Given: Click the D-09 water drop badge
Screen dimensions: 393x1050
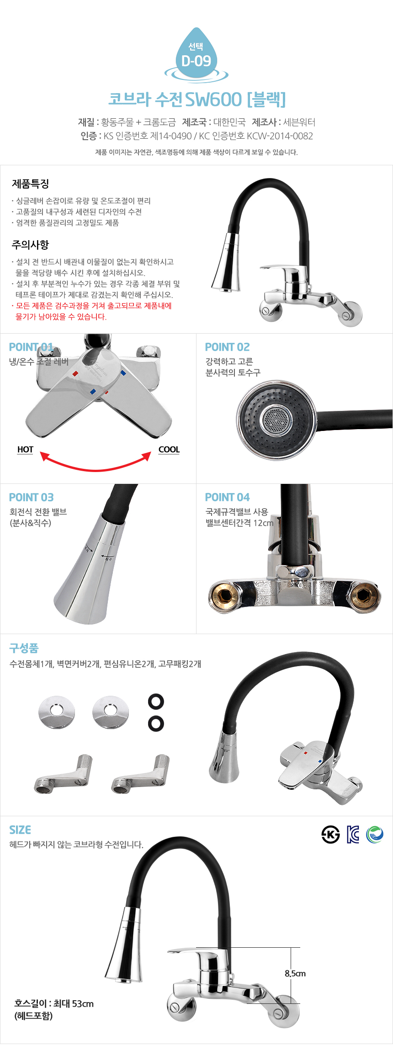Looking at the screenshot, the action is (x=196, y=55).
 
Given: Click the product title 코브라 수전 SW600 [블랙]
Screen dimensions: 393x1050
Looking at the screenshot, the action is (x=197, y=99).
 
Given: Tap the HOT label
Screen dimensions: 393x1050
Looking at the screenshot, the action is (x=25, y=450).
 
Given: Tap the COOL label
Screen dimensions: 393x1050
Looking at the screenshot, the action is (x=169, y=450).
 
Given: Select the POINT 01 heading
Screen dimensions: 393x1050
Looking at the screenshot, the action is (x=31, y=347).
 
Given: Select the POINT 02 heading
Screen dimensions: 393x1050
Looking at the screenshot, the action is (x=228, y=347).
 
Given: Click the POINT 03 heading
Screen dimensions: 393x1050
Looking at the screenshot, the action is (x=32, y=497).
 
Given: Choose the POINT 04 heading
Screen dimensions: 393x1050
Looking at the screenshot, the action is (x=228, y=497).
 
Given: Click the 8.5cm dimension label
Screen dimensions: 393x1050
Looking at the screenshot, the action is (x=295, y=973).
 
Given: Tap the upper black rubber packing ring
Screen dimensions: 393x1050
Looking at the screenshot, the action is (x=156, y=702).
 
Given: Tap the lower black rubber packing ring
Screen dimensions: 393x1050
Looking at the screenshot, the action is (x=156, y=724).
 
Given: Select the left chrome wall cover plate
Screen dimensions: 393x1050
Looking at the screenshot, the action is (x=57, y=712).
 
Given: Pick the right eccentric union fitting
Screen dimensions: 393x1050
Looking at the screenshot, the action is (x=141, y=774).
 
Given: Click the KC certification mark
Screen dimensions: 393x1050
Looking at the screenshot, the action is (x=353, y=835).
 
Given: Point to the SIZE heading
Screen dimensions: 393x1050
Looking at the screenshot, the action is (x=20, y=830).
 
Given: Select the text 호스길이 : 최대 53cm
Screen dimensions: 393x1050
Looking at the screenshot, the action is (x=54, y=1004).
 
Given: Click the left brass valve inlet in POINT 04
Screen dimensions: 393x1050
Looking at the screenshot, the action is (x=224, y=595).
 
